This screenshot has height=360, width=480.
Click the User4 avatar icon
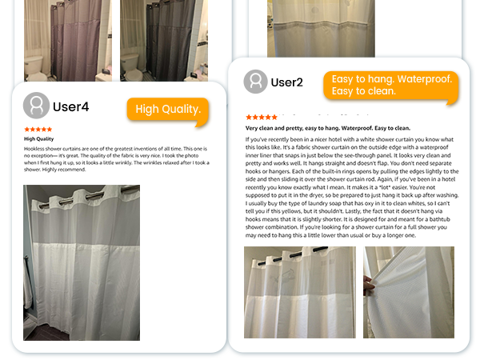point(36,106)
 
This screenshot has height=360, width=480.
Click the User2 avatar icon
point(256,82)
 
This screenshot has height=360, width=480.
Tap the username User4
point(70,107)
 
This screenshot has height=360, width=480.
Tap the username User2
point(287,82)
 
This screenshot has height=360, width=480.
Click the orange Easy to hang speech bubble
point(390,86)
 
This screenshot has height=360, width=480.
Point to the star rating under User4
point(38,129)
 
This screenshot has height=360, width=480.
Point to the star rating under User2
point(262,117)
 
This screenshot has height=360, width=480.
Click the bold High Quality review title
point(39,139)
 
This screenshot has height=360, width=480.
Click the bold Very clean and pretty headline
point(328,128)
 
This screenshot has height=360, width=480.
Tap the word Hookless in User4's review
point(34,149)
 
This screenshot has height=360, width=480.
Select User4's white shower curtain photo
point(82,262)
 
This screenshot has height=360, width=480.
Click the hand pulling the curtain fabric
point(369,286)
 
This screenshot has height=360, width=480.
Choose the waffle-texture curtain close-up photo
point(409,292)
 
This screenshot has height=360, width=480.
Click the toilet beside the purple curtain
point(34,68)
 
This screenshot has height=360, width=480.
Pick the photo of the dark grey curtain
point(164,41)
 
